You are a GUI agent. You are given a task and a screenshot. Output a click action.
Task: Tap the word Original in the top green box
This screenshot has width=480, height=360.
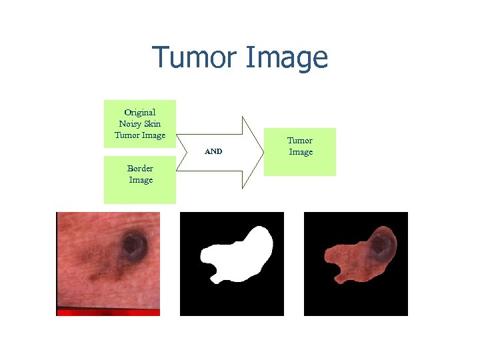point(140,112)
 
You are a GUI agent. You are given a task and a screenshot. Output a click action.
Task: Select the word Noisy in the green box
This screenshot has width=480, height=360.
point(130,123)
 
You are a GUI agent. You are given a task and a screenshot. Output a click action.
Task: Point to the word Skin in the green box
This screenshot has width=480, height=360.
point(153,123)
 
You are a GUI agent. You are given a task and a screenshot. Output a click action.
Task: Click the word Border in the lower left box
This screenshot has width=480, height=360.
point(141,168)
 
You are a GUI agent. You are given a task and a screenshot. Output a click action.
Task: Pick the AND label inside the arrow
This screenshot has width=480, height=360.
point(213,151)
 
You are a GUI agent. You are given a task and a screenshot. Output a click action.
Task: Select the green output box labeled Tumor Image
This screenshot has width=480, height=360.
point(300,152)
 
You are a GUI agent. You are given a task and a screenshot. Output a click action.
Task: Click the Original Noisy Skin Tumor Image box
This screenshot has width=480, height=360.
point(140,123)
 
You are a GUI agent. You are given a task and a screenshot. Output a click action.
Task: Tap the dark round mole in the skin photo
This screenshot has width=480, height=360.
point(135,247)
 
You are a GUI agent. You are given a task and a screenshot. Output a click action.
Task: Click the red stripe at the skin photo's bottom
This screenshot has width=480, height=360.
point(108,311)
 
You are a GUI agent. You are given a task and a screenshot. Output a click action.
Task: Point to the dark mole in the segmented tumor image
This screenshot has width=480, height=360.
point(381,247)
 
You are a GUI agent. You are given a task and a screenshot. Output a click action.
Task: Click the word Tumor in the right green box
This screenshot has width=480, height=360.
point(300,141)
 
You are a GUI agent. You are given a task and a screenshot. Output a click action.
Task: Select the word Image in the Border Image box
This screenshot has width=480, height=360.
point(141,180)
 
